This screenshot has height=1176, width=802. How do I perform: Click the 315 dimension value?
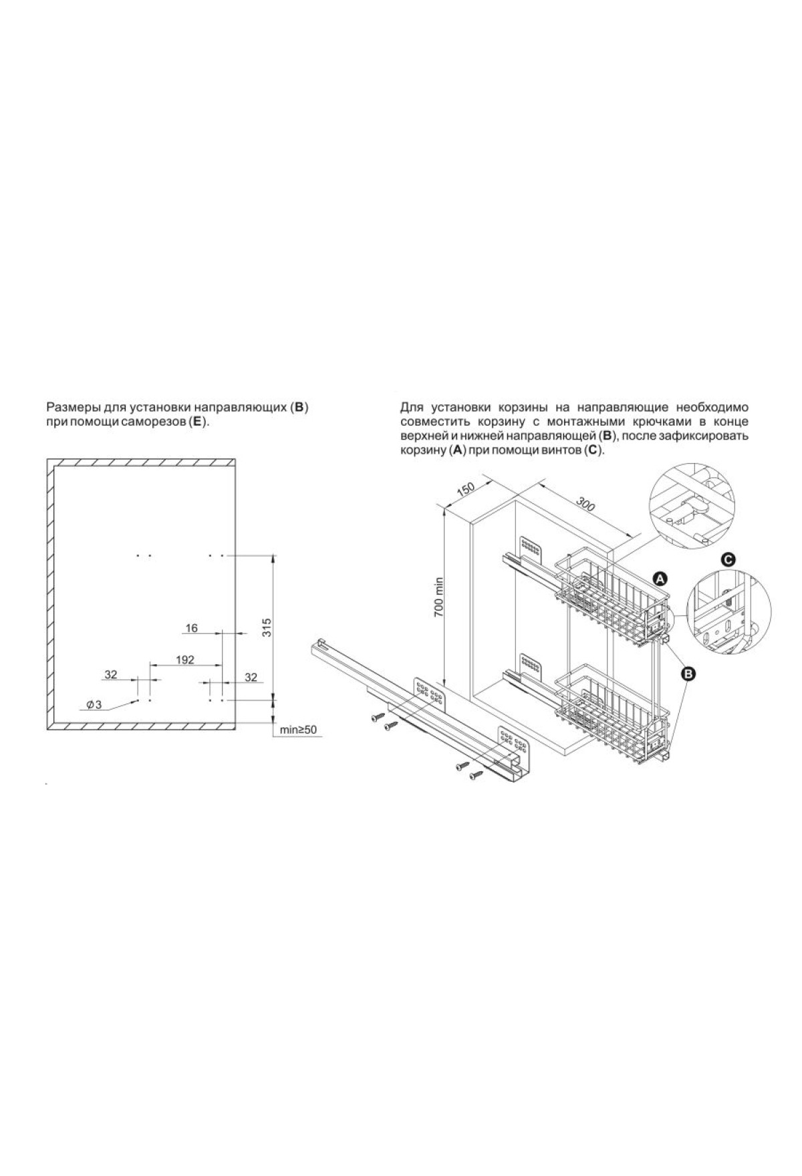pos(267,629)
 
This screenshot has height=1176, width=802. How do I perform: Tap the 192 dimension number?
pos(185,659)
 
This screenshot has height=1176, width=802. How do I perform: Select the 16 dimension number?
pos(192,627)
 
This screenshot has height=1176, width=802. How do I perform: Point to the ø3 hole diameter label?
pos(94,705)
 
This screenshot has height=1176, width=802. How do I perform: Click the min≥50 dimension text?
pos(298,730)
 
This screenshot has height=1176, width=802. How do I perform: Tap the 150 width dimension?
pos(465,488)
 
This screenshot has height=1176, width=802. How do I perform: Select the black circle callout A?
pos(660,578)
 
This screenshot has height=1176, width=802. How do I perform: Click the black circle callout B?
pos(686,674)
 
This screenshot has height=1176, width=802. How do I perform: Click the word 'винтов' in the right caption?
pos(562,451)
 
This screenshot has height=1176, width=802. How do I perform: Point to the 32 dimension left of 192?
pos(111,675)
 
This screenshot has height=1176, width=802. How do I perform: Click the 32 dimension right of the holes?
pos(251,677)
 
